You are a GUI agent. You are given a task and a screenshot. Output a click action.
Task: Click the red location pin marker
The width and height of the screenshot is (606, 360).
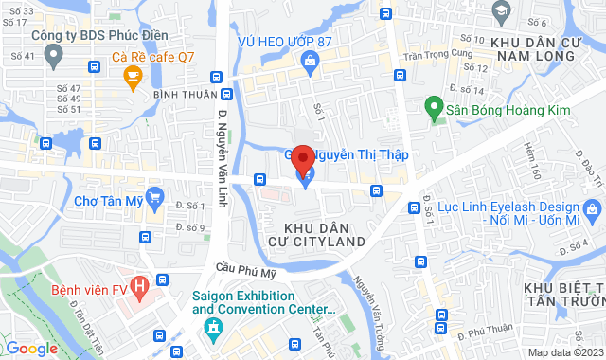(x=302, y=158)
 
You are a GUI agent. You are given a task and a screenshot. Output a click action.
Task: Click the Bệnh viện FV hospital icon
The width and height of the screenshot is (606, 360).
(x=140, y=283)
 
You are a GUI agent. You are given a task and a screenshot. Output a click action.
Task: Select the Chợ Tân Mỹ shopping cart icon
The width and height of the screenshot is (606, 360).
(x=156, y=199)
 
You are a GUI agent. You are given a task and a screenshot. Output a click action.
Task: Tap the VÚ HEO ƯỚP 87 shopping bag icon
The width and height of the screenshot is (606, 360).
(x=309, y=61)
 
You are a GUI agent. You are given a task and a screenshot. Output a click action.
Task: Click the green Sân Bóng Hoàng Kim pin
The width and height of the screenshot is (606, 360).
(x=434, y=110)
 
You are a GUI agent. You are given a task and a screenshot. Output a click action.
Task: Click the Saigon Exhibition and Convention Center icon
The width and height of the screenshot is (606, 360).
(x=212, y=329)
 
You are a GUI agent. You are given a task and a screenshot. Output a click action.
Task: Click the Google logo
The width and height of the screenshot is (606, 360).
(x=31, y=349)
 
